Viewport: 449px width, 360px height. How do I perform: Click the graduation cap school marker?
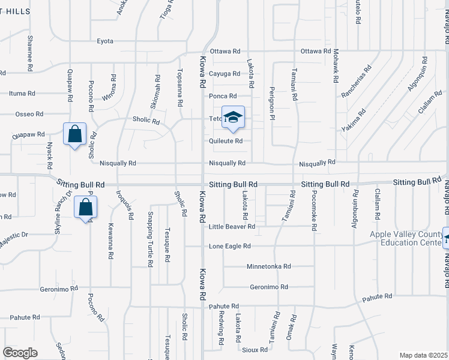234,118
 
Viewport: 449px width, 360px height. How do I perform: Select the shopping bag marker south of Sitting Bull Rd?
86,208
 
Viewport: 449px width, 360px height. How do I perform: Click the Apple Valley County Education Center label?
406,238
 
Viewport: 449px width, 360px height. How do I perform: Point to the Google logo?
20,353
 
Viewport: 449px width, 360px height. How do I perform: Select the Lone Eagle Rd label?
229,246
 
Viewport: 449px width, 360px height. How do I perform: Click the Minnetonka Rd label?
268,266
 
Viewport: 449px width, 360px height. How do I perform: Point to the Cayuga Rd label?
224,74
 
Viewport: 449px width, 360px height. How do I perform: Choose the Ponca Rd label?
223,96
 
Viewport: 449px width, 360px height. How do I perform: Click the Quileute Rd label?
225,141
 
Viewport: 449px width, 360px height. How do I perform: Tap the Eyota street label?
105,41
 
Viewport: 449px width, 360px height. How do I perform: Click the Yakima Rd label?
354,121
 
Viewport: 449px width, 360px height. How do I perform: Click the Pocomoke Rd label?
313,211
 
